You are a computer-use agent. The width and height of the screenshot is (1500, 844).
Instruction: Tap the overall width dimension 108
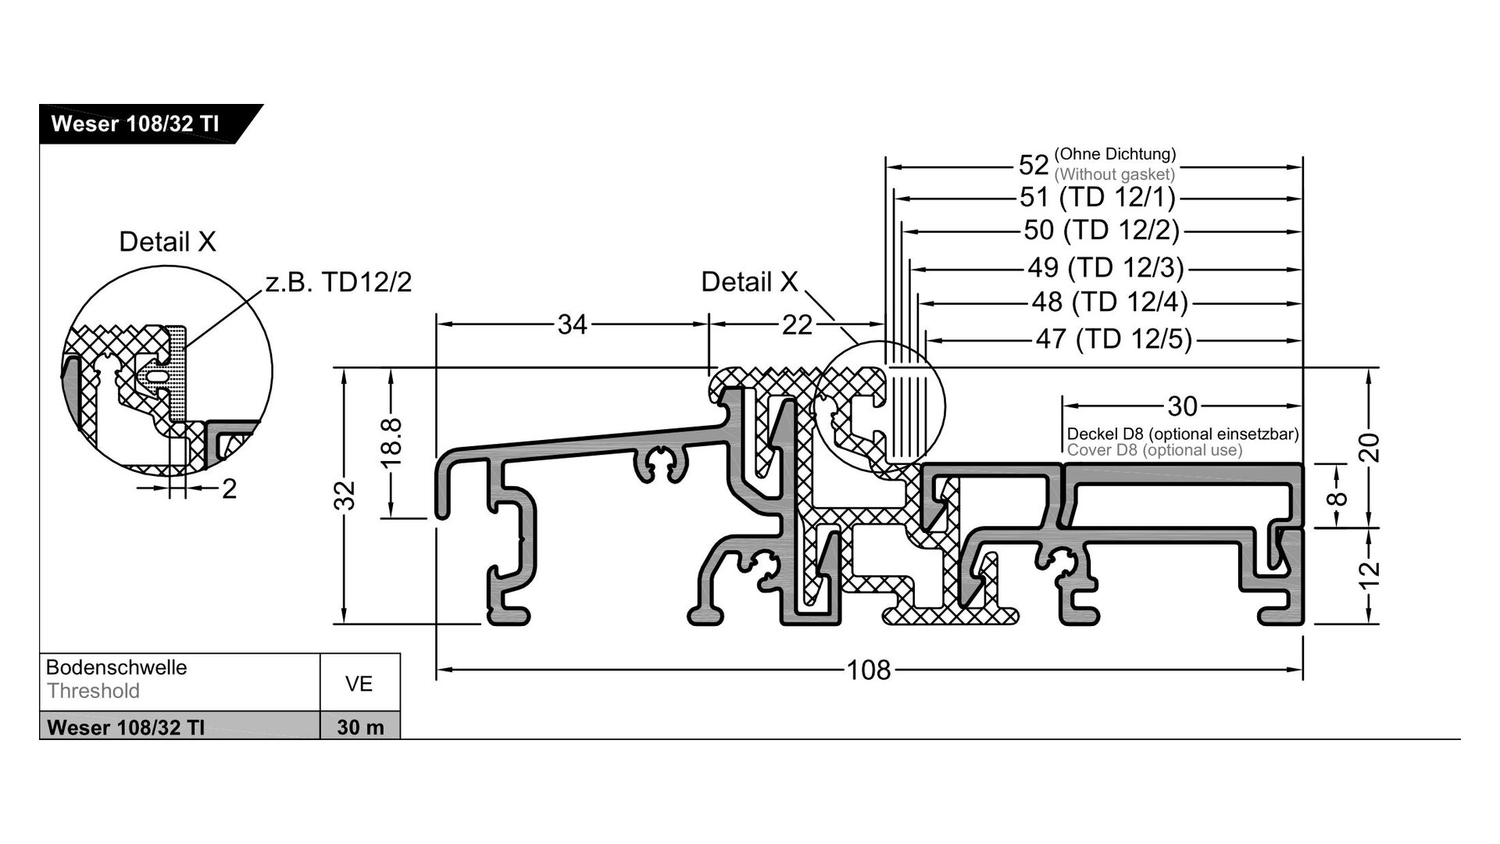869,670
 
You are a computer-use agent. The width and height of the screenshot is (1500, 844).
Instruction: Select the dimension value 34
572,324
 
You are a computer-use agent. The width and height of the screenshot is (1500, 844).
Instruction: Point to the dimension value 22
797,325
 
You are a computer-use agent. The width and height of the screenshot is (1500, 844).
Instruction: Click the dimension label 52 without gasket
1097,164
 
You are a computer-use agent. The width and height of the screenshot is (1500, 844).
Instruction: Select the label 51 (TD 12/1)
1098,197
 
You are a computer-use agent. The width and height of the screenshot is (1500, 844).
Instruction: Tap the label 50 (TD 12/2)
1102,231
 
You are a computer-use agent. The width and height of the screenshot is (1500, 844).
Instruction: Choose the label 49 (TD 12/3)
1105,267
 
